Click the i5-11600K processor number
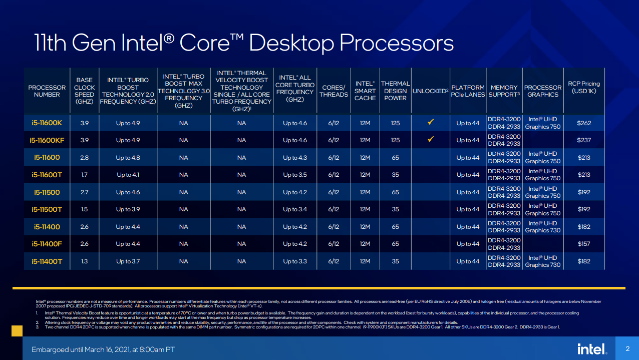click(47, 123)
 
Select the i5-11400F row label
click(47, 244)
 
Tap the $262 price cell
click(583, 123)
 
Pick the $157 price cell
click(583, 244)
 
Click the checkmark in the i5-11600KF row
click(430, 140)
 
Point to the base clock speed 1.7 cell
click(84, 175)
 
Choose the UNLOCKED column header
click(430, 91)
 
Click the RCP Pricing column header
click(583, 87)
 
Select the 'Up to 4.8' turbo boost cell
click(128, 158)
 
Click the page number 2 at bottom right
click(627, 348)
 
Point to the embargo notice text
click(103, 349)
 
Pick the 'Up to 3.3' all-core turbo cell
click(294, 261)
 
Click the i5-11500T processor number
click(47, 209)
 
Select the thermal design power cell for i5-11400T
click(395, 261)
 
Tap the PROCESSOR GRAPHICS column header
click(543, 91)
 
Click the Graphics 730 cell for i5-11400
click(543, 227)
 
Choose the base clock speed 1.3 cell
click(84, 261)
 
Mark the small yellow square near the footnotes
click(17, 330)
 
